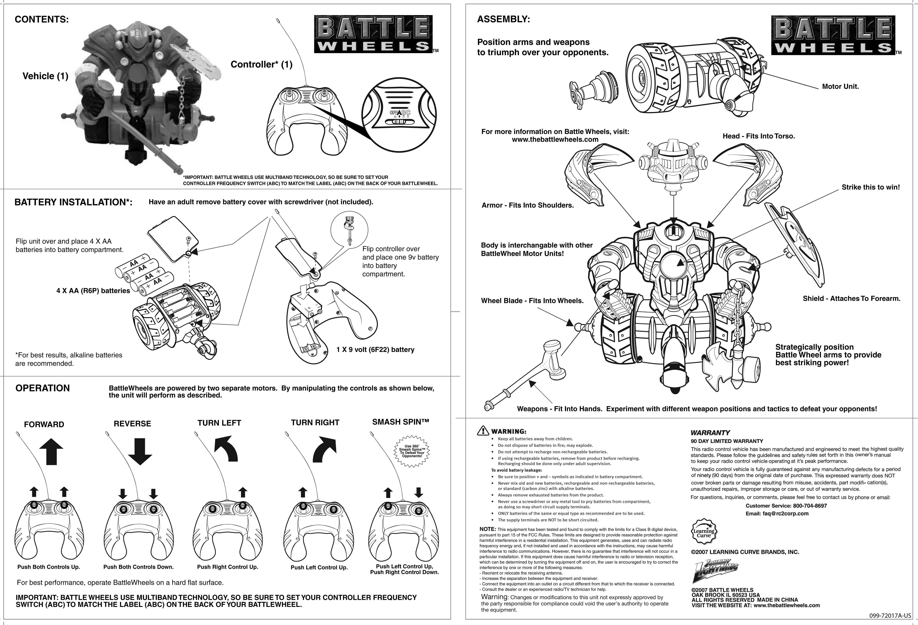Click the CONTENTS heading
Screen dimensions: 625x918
coord(42,20)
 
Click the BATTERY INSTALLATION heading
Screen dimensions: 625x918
coord(73,202)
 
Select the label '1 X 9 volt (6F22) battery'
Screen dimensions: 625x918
coord(375,349)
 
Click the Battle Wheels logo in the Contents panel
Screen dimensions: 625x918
coord(373,34)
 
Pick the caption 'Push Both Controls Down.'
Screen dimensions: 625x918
coord(138,567)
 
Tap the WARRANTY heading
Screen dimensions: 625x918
coord(710,432)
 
